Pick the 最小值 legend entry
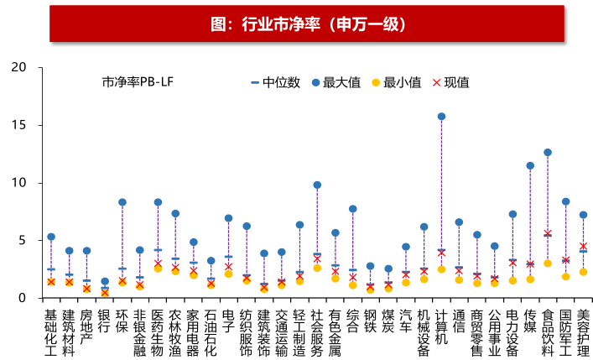(x=395, y=82)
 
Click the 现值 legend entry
(x=450, y=82)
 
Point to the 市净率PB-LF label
(x=138, y=82)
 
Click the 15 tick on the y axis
(x=22, y=125)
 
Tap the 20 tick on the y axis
(x=22, y=67)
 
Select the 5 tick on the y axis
(x=25, y=241)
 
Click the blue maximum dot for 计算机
(x=441, y=117)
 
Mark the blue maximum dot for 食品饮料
(x=548, y=153)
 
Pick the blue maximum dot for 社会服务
(x=317, y=185)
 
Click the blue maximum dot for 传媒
(x=530, y=166)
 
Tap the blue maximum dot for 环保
(x=122, y=202)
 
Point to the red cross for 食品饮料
(x=548, y=233)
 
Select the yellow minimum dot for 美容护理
(x=583, y=272)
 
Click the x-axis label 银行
(x=104, y=322)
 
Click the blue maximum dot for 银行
(x=105, y=282)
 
